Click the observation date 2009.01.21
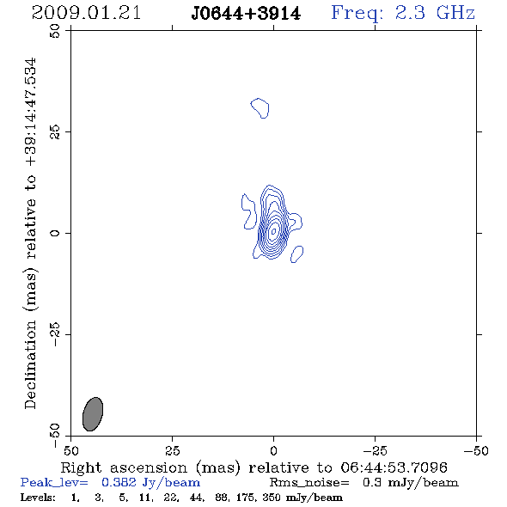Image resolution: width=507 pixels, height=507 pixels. (86, 13)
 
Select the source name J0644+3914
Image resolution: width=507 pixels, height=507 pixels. (246, 14)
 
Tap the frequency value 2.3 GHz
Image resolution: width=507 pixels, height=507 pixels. (435, 13)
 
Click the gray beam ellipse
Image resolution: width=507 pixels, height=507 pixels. (93, 414)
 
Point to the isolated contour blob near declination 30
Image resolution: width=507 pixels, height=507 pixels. (260, 108)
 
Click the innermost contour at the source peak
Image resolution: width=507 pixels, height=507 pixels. (274, 231)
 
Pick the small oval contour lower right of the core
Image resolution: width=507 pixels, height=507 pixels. (296, 254)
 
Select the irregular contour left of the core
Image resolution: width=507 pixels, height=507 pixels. (249, 211)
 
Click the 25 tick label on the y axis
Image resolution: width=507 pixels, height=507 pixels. (55, 132)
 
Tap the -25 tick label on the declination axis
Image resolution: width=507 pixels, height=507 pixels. (55, 334)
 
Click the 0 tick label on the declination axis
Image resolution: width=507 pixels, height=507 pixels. (55, 233)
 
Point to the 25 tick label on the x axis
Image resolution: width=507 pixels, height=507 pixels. (173, 450)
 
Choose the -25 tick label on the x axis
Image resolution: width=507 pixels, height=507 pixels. (375, 450)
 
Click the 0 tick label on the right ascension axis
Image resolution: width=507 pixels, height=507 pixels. (273, 450)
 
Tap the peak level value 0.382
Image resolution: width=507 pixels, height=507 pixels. (119, 482)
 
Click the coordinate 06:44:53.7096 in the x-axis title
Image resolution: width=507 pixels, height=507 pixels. (394, 467)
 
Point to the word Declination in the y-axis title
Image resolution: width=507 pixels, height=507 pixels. (30, 364)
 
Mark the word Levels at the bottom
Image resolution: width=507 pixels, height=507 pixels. (38, 498)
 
